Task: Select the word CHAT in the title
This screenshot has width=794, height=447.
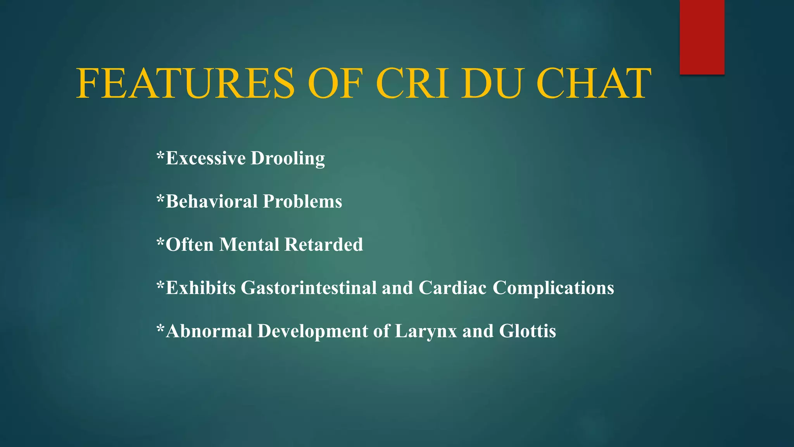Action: coord(594,83)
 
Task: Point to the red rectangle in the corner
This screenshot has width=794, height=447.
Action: coord(702,37)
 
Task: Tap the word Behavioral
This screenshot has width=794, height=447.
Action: coord(212,201)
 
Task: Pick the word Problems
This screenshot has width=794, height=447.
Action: coord(302,201)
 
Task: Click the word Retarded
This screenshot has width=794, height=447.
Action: coord(324,245)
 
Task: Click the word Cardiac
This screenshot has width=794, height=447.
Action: coord(452,288)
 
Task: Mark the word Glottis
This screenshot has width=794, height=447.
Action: coord(527,331)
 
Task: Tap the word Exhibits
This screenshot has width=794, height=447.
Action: coord(201,288)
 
